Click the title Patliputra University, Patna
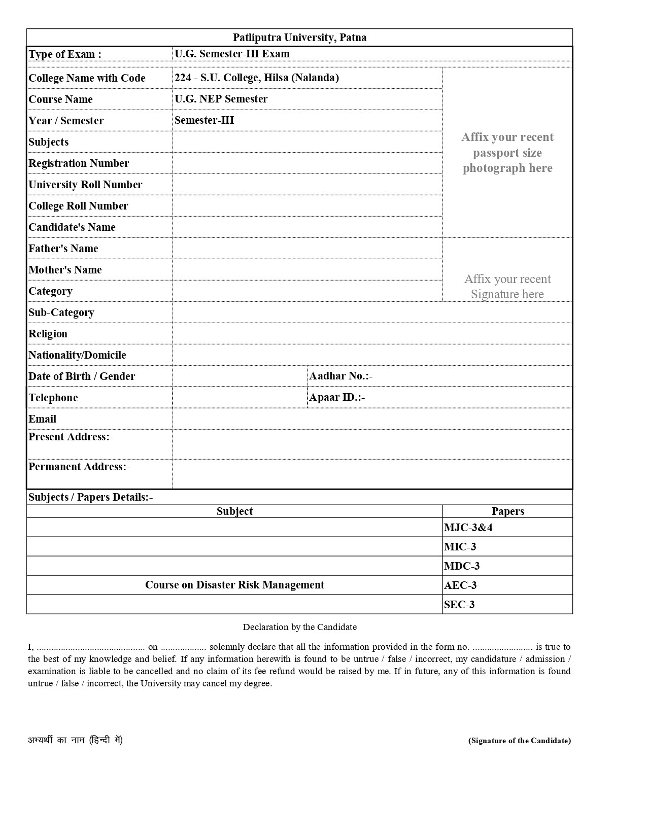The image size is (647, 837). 299,38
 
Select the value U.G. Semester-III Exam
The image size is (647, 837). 232,54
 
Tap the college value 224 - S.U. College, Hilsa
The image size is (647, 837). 257,78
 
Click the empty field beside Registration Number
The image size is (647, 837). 307,163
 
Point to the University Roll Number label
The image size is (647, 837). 85,185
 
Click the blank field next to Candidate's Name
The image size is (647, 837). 307,227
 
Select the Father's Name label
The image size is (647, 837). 63,249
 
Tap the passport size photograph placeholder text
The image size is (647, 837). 507,153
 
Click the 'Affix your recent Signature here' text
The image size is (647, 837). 507,287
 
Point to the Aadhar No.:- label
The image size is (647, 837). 340,376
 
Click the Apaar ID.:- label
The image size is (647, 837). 337,397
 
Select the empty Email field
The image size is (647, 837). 371,419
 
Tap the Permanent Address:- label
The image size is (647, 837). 79,467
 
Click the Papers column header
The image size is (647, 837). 507,511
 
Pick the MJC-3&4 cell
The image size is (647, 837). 468,528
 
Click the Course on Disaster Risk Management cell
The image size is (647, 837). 234,585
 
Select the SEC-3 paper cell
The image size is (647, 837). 459,605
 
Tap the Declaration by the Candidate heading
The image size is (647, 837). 299,627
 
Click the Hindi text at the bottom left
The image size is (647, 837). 75,740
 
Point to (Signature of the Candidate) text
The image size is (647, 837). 519,741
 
